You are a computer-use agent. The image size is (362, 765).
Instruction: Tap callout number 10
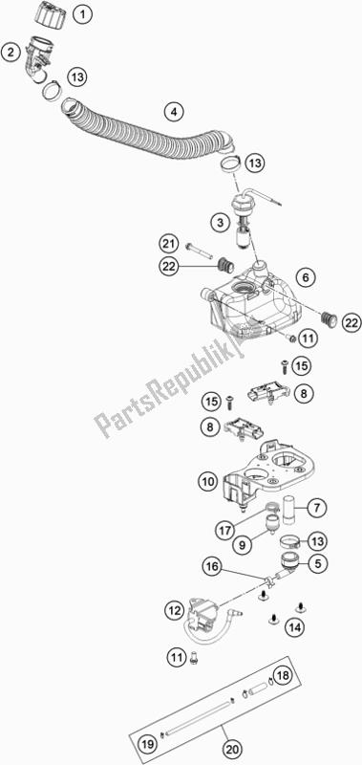(208, 483)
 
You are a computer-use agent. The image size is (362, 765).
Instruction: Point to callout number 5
(293, 563)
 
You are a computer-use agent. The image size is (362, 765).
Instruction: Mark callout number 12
(173, 609)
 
